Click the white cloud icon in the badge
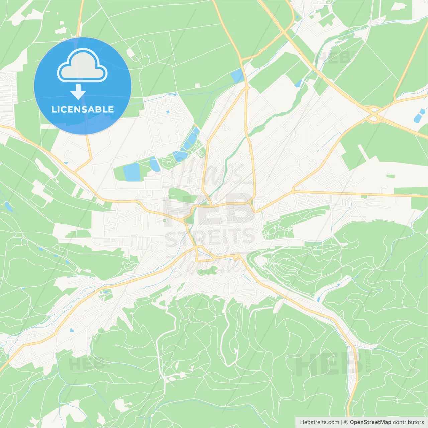pyautogui.click(x=82, y=66)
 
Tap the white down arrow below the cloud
pyautogui.click(x=78, y=92)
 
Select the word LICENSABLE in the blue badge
pyautogui.click(x=83, y=109)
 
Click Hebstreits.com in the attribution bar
pyautogui.click(x=319, y=422)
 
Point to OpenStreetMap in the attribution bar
pyautogui.click(x=370, y=422)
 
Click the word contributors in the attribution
pyautogui.click(x=408, y=422)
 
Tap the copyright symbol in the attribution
pyautogui.click(x=346, y=422)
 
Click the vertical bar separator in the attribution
pyautogui.click(x=342, y=422)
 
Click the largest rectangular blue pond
pyautogui.click(x=132, y=172)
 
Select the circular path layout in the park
pyautogui.click(x=167, y=163)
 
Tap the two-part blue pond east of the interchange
pyautogui.click(x=419, y=115)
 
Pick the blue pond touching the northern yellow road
pyautogui.click(x=237, y=76)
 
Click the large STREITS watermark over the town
pyautogui.click(x=210, y=237)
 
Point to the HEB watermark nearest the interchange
pyautogui.click(x=333, y=58)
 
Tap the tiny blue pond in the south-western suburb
pyautogui.click(x=71, y=330)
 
